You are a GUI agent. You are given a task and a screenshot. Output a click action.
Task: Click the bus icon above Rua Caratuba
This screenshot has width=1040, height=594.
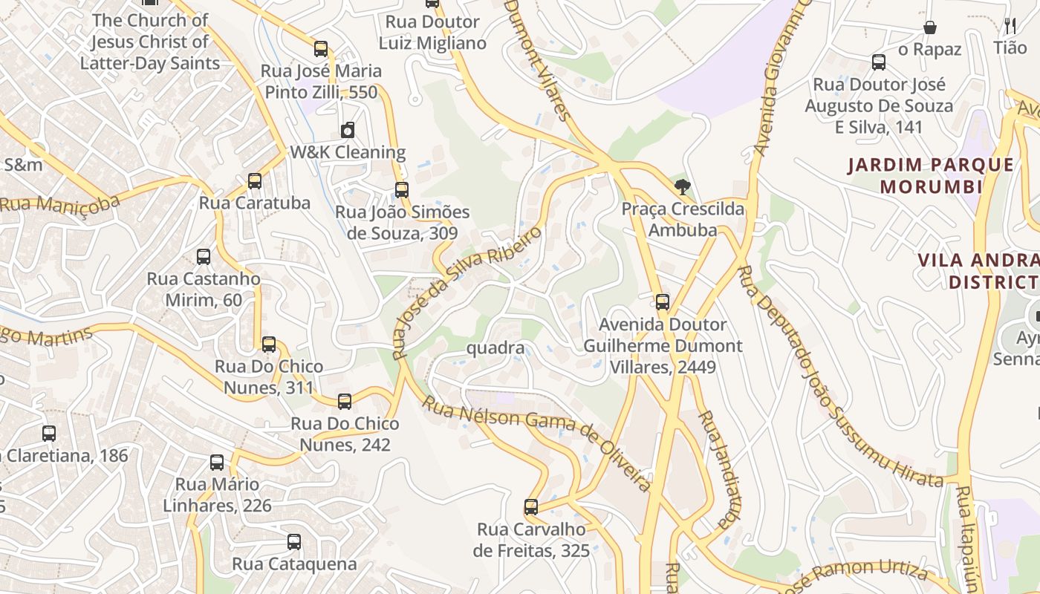(255, 180)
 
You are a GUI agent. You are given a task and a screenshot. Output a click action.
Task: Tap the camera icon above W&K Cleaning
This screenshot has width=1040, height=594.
(347, 131)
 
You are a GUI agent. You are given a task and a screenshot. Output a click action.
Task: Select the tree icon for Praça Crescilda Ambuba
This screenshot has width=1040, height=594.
(682, 186)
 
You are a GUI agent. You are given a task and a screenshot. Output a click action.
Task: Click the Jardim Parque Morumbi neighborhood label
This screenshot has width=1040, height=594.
(931, 175)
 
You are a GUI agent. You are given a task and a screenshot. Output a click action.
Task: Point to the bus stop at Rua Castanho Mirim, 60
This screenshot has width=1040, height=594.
(204, 257)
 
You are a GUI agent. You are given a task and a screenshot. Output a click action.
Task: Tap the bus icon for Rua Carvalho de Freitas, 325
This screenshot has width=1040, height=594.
(531, 507)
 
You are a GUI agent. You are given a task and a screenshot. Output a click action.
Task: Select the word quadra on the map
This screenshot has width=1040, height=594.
(495, 347)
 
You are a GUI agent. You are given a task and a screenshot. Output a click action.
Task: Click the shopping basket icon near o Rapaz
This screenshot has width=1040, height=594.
(929, 27)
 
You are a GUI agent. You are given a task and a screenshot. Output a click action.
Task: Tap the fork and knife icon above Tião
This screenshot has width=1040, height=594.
(1010, 25)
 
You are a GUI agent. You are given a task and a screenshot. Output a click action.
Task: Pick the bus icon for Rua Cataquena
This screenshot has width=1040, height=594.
(294, 541)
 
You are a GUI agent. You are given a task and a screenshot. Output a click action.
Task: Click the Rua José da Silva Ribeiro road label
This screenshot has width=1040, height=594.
(467, 293)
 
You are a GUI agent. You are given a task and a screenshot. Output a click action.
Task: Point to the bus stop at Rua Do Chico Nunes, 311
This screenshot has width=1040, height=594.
(269, 344)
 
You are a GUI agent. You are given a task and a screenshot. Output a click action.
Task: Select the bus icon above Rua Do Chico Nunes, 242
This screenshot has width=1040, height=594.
(345, 402)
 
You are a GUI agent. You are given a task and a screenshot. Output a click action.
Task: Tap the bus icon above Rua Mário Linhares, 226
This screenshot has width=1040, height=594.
(217, 462)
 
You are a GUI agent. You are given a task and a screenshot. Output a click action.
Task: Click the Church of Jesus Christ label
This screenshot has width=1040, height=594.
(150, 42)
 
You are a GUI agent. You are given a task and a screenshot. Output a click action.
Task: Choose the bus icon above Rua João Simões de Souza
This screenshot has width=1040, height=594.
(402, 189)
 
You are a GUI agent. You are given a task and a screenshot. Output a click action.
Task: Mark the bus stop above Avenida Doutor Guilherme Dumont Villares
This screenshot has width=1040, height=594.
(663, 302)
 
